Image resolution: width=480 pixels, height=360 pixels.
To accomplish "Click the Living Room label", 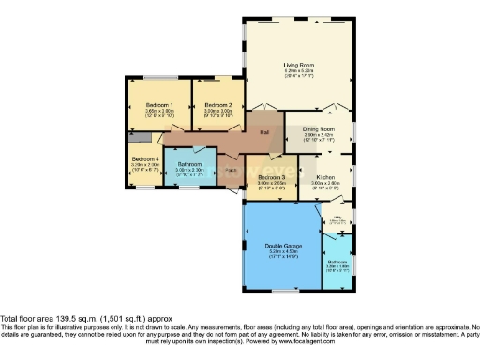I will (x=298, y=66).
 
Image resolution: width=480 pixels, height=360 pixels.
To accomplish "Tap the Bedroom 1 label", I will (x=158, y=104).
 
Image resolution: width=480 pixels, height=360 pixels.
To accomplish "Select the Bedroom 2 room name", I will (x=217, y=104).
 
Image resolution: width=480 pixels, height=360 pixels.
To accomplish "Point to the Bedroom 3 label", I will (x=271, y=177).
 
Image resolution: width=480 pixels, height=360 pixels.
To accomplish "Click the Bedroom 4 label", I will (x=143, y=158).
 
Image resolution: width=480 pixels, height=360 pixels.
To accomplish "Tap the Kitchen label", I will (x=325, y=176).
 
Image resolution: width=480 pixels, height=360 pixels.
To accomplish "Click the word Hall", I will (x=265, y=132).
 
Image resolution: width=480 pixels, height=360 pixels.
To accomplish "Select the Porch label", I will (x=230, y=170).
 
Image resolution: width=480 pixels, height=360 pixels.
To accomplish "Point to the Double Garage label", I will (x=283, y=247).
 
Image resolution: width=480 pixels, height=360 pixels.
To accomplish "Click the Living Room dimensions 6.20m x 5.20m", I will (x=298, y=72).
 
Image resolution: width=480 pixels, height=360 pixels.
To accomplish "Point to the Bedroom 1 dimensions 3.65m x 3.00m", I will (x=158, y=111).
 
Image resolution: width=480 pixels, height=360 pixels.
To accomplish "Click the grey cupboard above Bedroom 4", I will (x=139, y=137).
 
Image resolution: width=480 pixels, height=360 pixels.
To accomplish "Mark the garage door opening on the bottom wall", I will (x=283, y=291).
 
